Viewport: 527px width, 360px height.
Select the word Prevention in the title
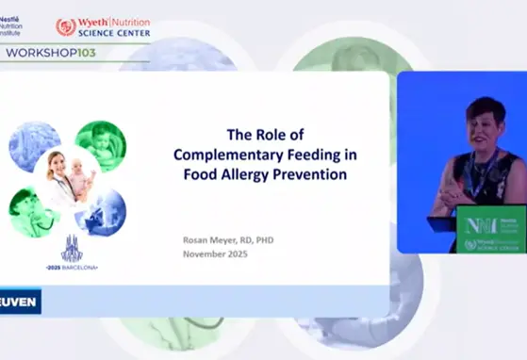(x=315, y=174)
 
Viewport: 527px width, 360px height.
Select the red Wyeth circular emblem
(x=66, y=27)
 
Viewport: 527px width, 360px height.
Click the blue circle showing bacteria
(x=34, y=145)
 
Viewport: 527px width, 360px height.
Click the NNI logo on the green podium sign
(x=479, y=226)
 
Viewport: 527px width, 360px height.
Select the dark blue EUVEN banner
(x=20, y=302)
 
